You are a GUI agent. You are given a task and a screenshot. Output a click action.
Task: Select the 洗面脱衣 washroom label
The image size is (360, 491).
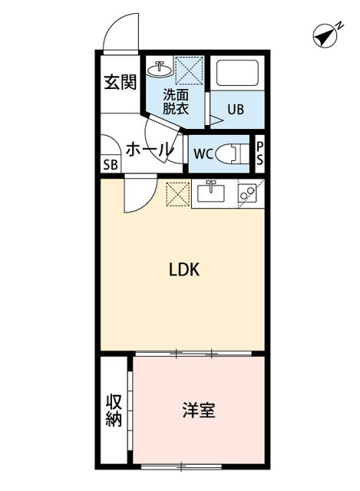coord(175,101)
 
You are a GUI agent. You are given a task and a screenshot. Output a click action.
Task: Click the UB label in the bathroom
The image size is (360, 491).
coord(235,110)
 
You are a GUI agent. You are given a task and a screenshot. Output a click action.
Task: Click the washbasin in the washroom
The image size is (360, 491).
coord(161,70)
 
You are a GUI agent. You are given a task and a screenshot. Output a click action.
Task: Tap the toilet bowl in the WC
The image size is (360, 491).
coord(230,153)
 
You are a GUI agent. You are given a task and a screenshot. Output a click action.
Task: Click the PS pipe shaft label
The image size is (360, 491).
coord(259,153)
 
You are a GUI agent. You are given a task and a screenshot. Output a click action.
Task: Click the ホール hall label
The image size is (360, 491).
coord(148,149)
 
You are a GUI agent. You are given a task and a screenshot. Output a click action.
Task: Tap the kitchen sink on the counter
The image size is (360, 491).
coord(210,193)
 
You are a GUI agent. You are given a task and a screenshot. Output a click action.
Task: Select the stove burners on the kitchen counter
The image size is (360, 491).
coord(249,194)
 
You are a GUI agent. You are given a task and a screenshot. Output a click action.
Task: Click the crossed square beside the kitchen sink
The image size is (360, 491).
coord(177,193)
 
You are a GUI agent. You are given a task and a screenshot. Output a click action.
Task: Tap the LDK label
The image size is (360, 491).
coord(184,270)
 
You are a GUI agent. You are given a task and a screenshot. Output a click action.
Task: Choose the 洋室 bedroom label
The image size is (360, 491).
coord(198,410)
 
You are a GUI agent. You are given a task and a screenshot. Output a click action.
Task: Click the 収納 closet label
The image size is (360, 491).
coord(114,410)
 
